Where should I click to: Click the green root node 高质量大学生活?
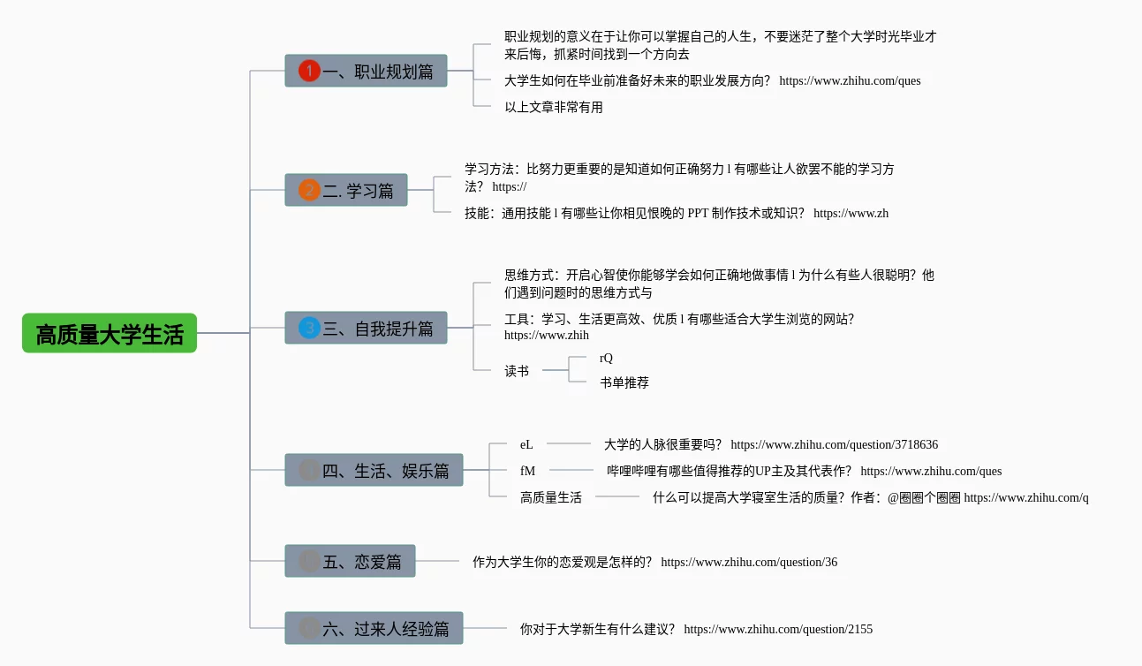click(110, 334)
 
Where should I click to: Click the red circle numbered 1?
click(309, 71)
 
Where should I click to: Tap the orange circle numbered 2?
click(309, 190)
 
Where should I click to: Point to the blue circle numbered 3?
click(309, 328)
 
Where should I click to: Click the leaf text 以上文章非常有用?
click(554, 107)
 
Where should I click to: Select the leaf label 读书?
click(517, 371)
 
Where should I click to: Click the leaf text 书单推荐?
click(624, 382)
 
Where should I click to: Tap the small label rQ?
click(606, 358)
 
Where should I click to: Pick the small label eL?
click(526, 444)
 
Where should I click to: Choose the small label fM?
click(527, 471)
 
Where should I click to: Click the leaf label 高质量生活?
click(551, 497)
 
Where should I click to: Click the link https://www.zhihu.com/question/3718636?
click(834, 444)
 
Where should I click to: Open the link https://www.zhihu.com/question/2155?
click(778, 629)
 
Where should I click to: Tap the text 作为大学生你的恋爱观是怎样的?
click(562, 562)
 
